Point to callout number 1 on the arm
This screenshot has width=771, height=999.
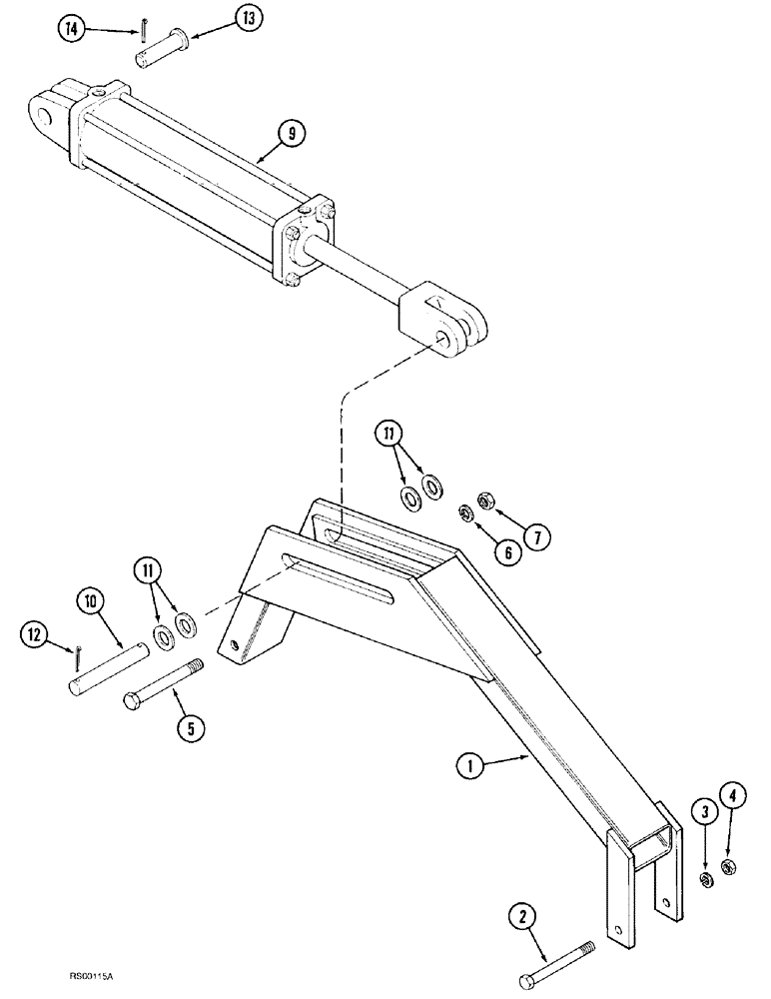(469, 768)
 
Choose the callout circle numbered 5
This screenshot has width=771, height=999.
(187, 727)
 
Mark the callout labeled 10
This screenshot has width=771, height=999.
(92, 602)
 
